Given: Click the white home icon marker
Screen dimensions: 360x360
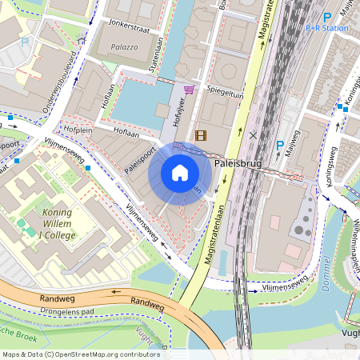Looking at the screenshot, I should [180, 173].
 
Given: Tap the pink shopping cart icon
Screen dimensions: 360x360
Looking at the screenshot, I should [190, 90].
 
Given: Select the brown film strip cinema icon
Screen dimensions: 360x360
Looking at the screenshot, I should [200, 136].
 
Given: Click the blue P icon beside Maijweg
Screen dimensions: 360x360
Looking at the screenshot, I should [279, 146].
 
